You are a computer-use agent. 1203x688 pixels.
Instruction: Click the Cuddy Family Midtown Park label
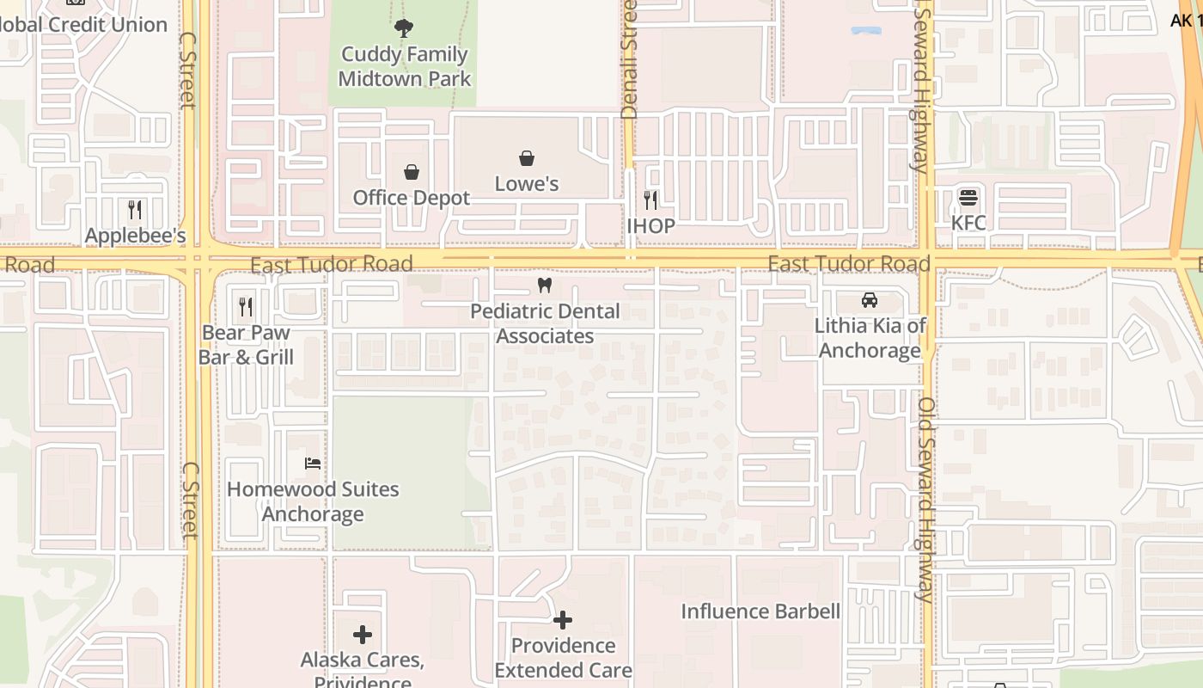click(x=404, y=66)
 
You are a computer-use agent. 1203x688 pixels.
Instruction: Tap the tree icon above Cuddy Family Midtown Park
click(x=404, y=28)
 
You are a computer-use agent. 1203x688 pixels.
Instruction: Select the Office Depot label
click(x=412, y=198)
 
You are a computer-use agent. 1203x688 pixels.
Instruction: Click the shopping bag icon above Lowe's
click(x=527, y=158)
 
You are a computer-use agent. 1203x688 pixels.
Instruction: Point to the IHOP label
click(x=650, y=226)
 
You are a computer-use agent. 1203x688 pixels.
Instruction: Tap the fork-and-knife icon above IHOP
click(x=650, y=200)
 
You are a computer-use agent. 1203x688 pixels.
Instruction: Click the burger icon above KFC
click(x=968, y=198)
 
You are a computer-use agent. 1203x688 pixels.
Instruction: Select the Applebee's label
click(x=135, y=236)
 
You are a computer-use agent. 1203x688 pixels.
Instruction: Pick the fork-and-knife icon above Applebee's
click(x=135, y=210)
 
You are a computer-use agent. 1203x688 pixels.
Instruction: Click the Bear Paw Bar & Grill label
click(x=246, y=345)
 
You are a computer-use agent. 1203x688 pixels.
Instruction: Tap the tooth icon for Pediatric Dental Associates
click(x=544, y=286)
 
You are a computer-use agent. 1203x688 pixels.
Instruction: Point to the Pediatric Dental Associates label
click(x=545, y=323)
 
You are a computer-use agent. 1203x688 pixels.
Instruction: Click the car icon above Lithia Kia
click(x=870, y=300)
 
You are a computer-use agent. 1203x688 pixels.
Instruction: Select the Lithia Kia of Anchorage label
click(x=870, y=338)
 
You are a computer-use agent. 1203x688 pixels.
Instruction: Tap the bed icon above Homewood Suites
click(x=313, y=464)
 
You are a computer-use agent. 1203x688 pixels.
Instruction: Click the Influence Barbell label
click(x=760, y=611)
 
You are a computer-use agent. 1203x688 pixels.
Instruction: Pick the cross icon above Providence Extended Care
click(x=563, y=620)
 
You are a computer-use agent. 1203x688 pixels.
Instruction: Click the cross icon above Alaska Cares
click(x=363, y=636)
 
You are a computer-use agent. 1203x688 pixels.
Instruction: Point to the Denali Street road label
click(x=630, y=58)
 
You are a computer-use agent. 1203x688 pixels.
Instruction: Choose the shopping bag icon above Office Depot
click(x=412, y=172)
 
